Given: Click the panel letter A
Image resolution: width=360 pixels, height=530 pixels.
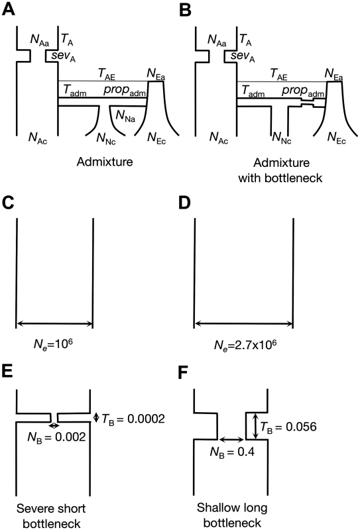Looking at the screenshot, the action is (x=8, y=9).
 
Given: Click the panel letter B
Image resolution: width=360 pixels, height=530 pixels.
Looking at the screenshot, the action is (x=186, y=9).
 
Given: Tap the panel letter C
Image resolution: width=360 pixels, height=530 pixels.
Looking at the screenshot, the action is (x=8, y=202).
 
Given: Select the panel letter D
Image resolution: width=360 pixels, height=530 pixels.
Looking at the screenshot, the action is (x=185, y=202).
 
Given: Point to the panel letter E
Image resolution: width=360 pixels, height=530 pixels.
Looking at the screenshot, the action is (x=7, y=371).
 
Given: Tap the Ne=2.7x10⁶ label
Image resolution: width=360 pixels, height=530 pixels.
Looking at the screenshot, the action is (x=245, y=344).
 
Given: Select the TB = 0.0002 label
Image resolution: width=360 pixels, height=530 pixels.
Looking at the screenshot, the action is (x=133, y=419).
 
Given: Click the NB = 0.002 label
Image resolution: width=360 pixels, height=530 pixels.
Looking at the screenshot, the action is (x=56, y=437).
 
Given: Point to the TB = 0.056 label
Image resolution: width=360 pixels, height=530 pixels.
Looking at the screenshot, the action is (x=288, y=427).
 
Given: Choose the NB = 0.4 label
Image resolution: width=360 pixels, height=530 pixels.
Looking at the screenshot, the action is (x=232, y=452).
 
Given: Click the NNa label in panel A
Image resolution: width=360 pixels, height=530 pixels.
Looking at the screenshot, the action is (x=125, y=116).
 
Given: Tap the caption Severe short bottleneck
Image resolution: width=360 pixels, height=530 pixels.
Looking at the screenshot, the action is (x=51, y=516).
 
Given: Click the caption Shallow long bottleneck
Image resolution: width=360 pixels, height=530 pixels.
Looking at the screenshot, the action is (x=232, y=515).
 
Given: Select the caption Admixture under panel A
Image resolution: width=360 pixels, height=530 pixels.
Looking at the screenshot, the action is (x=105, y=162).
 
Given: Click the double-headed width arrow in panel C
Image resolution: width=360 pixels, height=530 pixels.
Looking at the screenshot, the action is (x=54, y=324).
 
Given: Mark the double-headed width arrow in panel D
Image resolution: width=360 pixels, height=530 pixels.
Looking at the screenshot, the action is (x=243, y=324).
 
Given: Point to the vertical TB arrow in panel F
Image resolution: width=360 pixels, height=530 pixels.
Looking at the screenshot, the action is (x=255, y=426).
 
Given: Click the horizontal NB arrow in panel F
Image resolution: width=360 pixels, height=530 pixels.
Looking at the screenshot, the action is (x=231, y=439).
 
